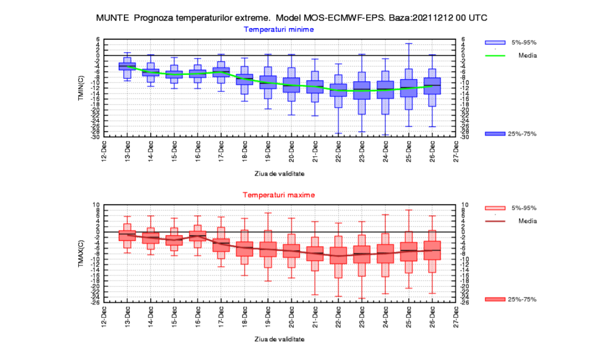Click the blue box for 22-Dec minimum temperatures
[x=338, y=90]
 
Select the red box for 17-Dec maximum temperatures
[x=221, y=245]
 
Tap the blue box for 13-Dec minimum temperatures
[x=127, y=66]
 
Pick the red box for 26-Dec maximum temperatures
[x=432, y=250]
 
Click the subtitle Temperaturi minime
[x=279, y=30]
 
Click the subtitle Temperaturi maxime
[x=279, y=195]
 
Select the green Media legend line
[x=495, y=55]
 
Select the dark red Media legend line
[x=495, y=221]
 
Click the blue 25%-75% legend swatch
[x=495, y=134]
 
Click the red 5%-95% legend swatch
[x=495, y=208]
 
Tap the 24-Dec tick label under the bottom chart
[x=385, y=317]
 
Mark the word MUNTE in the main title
[x=113, y=18]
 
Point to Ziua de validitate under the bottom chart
[x=279, y=339]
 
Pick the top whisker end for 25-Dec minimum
[x=409, y=43]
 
